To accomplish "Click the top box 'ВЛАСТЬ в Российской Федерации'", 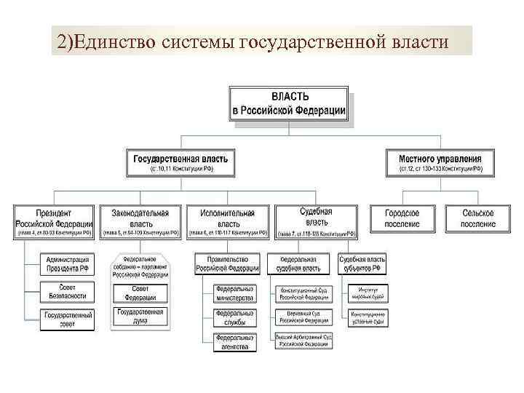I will tap(289, 104).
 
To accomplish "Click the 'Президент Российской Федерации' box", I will tap(53, 223).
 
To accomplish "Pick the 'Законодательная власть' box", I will tap(140, 223).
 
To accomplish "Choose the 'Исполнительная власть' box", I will tap(228, 223).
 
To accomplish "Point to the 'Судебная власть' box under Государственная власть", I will tap(316, 221).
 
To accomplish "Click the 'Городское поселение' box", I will tap(402, 218).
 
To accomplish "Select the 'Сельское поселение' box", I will tap(478, 218).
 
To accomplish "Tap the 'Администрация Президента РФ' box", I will tap(68, 264).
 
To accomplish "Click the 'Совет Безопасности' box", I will tap(68, 291).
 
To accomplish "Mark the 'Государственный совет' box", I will tap(68, 319).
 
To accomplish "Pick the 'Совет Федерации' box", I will tap(140, 293).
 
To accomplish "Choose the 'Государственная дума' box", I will tap(140, 317).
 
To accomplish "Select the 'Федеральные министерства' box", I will tap(235, 293).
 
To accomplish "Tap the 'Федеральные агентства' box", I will tap(235, 341).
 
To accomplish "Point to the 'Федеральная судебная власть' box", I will tap(300, 263).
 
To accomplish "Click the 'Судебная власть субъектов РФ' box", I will tap(362, 263).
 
